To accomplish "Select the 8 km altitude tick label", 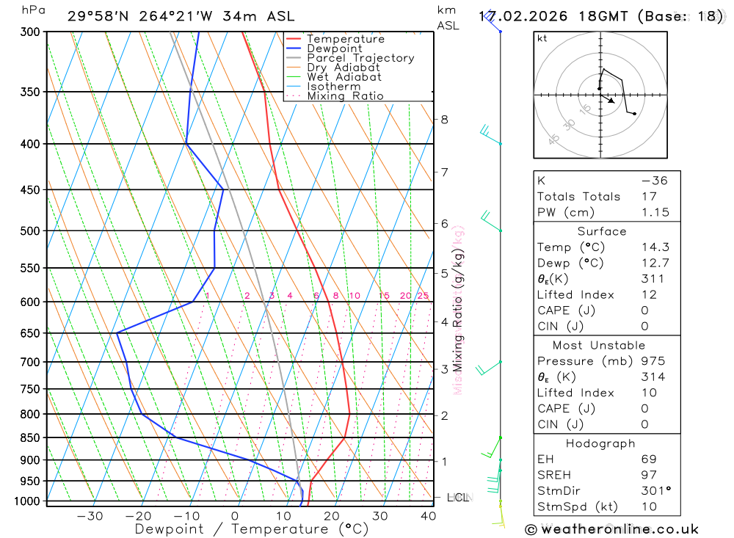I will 444,120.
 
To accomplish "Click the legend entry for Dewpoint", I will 334,48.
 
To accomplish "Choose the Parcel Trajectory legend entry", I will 360,58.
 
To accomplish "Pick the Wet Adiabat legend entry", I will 344,77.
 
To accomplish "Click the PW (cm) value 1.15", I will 655,212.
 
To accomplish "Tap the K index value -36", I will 654,181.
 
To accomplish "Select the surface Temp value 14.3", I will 655,247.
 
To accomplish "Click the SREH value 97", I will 648,475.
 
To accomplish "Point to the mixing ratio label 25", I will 423,296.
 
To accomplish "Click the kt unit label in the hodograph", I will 542,38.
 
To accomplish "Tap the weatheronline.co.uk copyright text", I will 611,529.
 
